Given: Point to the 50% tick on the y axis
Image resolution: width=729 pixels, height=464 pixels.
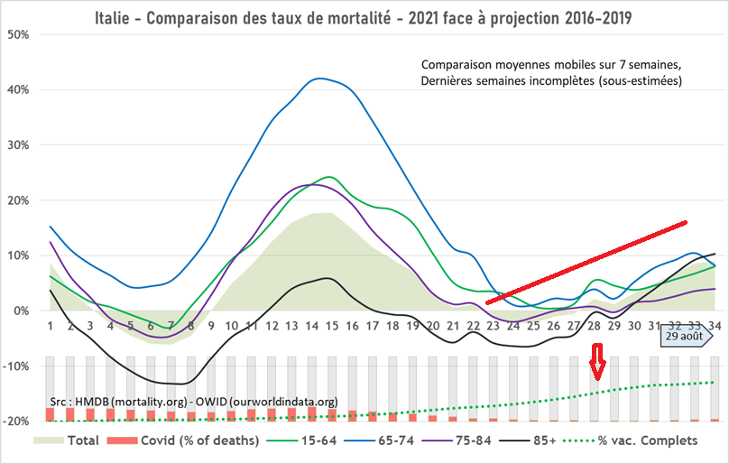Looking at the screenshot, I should (19, 34).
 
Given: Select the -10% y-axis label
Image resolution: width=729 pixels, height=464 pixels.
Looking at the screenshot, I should (17, 367).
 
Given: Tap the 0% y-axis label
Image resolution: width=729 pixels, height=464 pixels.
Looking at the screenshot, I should (23, 311).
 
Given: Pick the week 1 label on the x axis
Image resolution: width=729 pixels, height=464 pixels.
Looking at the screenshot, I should (50, 326).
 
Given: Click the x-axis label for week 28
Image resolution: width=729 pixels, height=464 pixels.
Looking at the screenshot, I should (595, 326).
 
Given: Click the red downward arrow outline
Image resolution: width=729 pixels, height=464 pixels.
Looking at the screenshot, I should (596, 368).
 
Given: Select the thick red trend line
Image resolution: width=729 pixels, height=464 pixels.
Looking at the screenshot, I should (586, 262).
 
